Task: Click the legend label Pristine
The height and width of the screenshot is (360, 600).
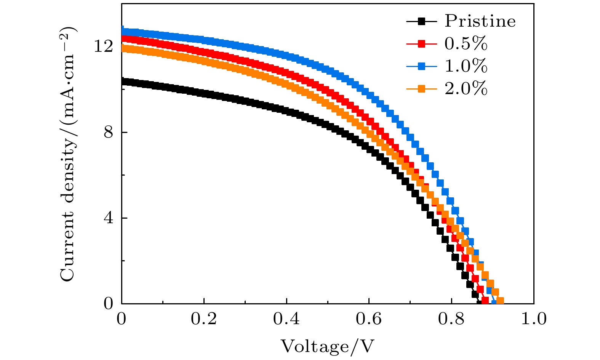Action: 480,21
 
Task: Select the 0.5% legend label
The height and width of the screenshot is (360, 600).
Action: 466,44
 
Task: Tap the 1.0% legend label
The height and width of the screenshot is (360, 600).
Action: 466,67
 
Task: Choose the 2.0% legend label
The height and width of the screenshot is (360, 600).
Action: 466,89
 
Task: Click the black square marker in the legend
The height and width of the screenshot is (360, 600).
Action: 421,21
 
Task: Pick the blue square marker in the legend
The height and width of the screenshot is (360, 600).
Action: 421,67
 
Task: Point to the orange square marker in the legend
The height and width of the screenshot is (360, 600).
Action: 421,89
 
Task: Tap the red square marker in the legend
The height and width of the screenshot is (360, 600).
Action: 421,44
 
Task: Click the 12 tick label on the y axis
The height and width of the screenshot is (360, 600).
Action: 104,46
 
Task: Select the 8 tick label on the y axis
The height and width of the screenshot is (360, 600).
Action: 108,133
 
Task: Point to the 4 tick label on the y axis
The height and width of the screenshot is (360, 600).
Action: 108,218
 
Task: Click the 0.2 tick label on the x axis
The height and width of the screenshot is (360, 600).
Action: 204,319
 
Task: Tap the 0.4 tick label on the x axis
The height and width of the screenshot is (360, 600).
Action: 286,319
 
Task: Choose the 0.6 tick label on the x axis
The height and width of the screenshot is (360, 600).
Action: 369,319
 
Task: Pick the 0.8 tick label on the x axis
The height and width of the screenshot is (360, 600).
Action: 451,319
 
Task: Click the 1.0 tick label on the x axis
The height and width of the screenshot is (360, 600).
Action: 533,319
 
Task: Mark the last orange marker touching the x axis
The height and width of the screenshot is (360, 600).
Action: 500,301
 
